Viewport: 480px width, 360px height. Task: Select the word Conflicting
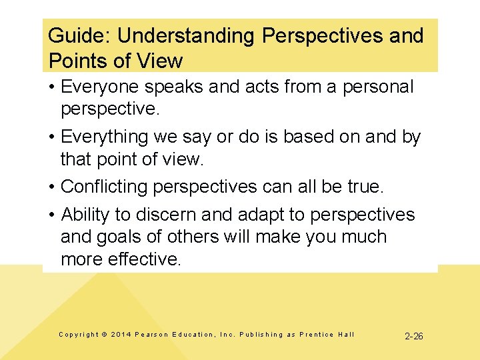(104, 187)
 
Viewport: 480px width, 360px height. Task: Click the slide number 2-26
(414, 336)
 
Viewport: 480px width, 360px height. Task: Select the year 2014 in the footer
(121, 335)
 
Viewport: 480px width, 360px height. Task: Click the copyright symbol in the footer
(103, 335)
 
